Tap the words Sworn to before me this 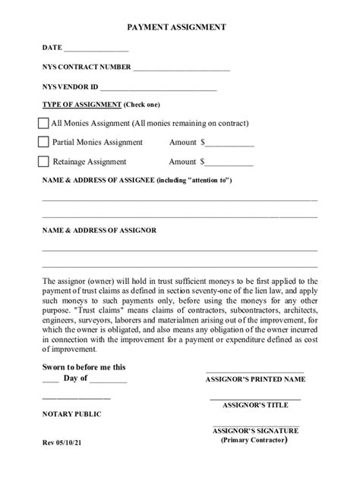click(x=84, y=366)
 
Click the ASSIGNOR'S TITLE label click(x=255, y=404)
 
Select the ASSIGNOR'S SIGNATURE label click(x=255, y=431)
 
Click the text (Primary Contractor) click(x=255, y=440)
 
